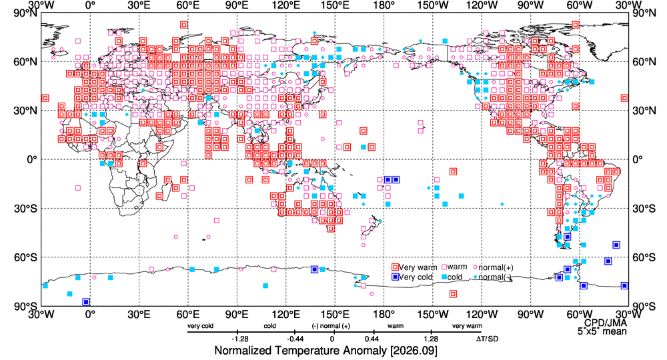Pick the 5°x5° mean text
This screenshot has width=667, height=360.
602,331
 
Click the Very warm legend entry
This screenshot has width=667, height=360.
414,267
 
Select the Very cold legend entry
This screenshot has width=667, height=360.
412,277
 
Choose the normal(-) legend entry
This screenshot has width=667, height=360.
493,277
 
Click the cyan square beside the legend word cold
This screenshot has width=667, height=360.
444,277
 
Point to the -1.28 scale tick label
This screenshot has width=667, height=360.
240,339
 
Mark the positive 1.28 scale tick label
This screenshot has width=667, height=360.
431,339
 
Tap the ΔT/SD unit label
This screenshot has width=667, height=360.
487,339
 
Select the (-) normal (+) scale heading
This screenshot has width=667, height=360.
331,326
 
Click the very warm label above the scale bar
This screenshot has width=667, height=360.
467,326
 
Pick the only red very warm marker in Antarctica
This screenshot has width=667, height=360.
453,294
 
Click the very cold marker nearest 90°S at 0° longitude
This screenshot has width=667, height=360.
86,302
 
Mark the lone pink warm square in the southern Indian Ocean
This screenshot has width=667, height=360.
217,221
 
